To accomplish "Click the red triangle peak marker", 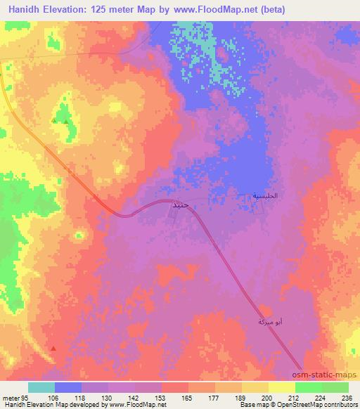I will (54, 348).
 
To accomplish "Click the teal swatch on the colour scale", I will (41, 387).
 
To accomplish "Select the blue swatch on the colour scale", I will (68, 387).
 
